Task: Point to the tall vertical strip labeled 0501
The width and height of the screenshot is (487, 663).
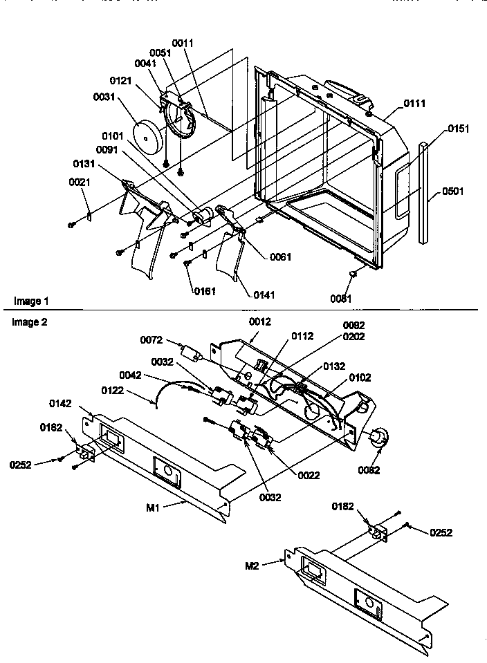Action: [424, 194]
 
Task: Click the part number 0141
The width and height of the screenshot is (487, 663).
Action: [264, 295]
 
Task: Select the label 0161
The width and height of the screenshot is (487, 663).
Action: [205, 291]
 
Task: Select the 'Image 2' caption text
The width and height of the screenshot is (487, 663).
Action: [30, 322]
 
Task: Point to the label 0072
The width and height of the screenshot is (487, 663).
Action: [151, 339]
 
